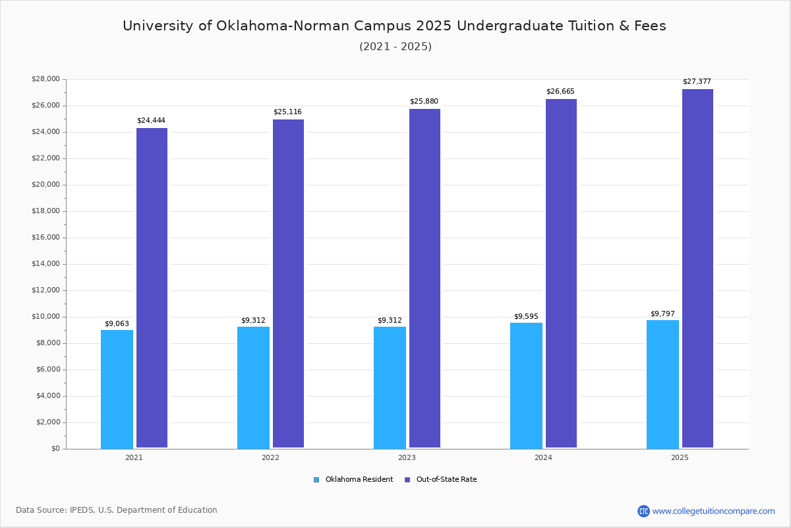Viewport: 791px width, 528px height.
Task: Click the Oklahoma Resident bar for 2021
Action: (117, 389)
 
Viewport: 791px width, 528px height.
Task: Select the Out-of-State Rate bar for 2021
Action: (152, 288)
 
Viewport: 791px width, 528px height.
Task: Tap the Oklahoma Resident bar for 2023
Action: (390, 387)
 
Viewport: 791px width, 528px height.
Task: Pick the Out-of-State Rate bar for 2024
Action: (561, 273)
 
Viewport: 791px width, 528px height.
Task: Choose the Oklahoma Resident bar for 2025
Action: (662, 384)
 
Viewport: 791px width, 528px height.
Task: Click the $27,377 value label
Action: (697, 82)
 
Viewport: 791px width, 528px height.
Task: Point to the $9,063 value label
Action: (117, 323)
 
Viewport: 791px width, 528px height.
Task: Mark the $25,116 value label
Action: (287, 112)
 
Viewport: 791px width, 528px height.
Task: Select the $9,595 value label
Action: (526, 317)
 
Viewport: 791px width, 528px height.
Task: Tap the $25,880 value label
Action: (424, 102)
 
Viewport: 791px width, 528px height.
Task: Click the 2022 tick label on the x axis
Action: (270, 457)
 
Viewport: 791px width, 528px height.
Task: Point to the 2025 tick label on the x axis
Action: (680, 457)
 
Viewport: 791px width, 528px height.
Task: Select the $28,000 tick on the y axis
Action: (45, 79)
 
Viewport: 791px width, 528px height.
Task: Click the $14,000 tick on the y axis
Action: (45, 264)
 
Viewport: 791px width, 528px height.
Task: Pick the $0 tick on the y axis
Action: (55, 449)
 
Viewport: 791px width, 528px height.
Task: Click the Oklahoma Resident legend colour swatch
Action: (316, 480)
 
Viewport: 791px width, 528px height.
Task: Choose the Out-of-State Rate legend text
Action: (446, 480)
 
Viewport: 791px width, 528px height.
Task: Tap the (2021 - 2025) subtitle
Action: (395, 47)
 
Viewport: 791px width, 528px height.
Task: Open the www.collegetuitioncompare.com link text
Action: (713, 511)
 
